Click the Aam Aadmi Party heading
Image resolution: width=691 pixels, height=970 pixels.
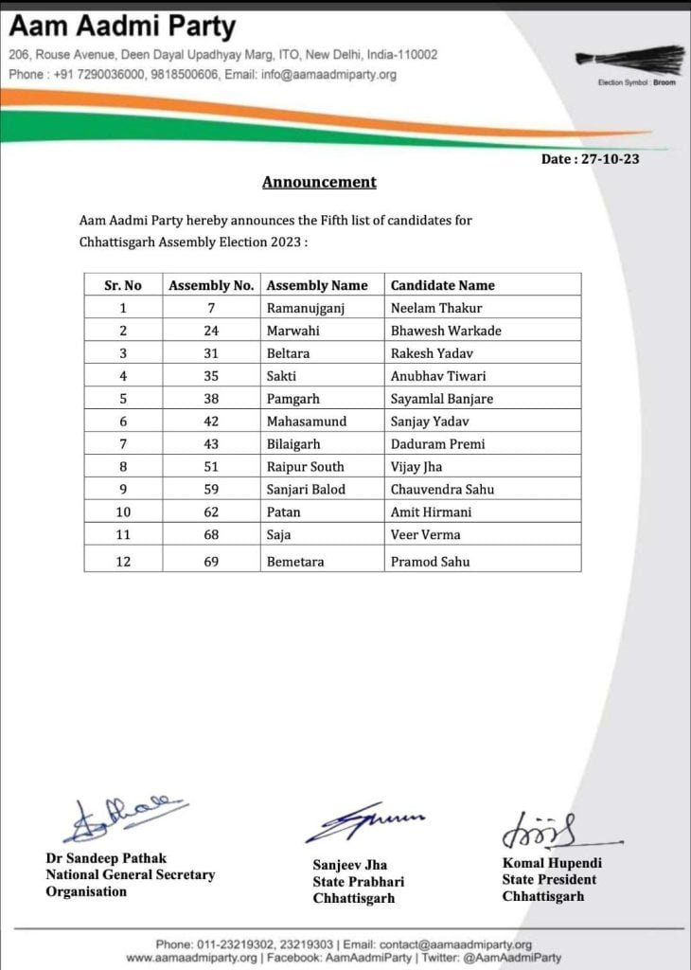click(x=122, y=26)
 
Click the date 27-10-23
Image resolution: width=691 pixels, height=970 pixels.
click(x=590, y=159)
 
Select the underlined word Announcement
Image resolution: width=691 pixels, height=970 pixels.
click(x=319, y=182)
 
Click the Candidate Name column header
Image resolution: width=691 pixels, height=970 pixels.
click(x=442, y=285)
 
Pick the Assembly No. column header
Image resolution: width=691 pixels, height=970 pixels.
click(x=211, y=285)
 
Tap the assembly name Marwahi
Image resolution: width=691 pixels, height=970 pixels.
click(x=293, y=331)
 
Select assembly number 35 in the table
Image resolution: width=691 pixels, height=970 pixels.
click(x=211, y=376)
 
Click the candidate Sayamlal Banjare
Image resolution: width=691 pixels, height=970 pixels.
click(x=441, y=399)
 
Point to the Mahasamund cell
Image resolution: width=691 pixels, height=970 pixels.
click(x=307, y=422)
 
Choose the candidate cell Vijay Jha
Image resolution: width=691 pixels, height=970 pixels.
click(x=416, y=467)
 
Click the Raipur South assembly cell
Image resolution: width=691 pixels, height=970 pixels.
click(x=305, y=467)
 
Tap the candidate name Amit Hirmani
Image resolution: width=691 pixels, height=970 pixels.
click(x=431, y=512)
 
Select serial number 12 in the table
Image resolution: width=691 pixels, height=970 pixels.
click(x=122, y=562)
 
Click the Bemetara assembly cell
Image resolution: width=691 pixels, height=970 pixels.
click(x=295, y=562)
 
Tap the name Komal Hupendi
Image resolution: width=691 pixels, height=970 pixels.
click(x=552, y=863)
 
